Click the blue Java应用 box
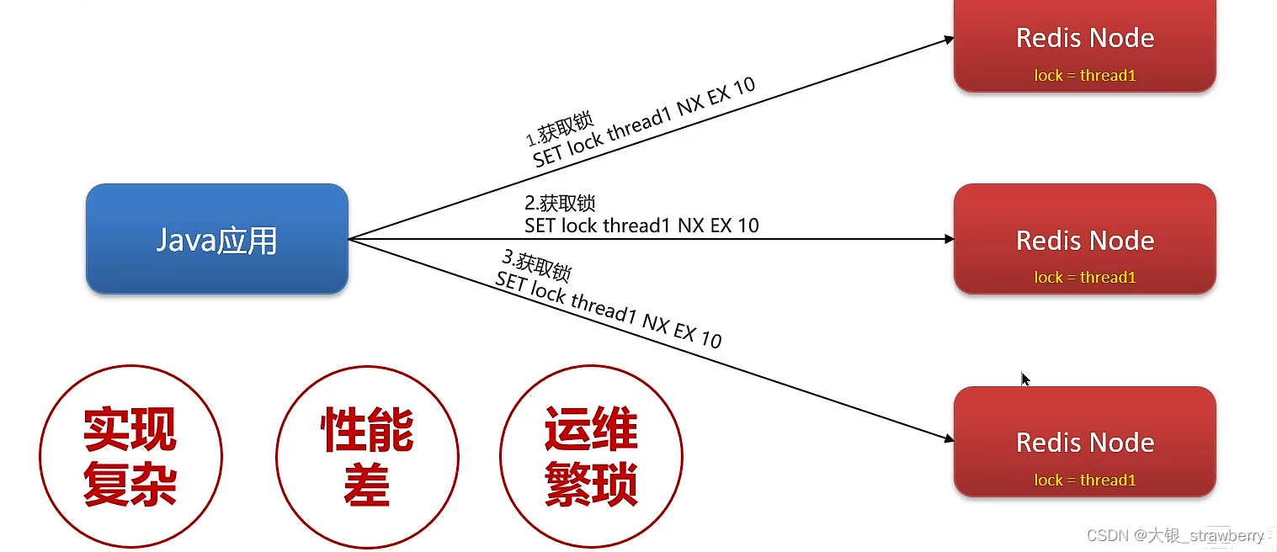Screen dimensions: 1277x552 (x=216, y=239)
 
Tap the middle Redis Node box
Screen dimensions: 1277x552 (x=1084, y=239)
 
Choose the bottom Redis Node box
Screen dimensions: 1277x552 (x=1084, y=441)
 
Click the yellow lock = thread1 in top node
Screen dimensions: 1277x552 (x=1085, y=76)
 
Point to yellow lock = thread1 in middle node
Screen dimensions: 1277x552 (x=1085, y=278)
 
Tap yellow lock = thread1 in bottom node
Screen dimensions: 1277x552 (x=1085, y=480)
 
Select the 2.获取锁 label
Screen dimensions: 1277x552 (x=560, y=204)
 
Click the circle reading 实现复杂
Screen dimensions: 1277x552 (x=130, y=457)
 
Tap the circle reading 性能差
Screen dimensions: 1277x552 (x=367, y=457)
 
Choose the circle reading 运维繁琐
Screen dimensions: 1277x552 (x=591, y=457)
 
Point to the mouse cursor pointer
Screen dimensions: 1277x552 (x=1025, y=379)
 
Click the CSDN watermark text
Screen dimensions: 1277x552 (x=1175, y=536)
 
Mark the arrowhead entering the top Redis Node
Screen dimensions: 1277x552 (x=949, y=39)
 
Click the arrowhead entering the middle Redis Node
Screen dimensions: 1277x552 (x=949, y=239)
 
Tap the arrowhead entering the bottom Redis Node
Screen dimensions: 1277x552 (x=949, y=438)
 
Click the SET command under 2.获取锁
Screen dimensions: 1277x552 (x=641, y=226)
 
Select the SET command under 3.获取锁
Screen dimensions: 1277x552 (x=608, y=310)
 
